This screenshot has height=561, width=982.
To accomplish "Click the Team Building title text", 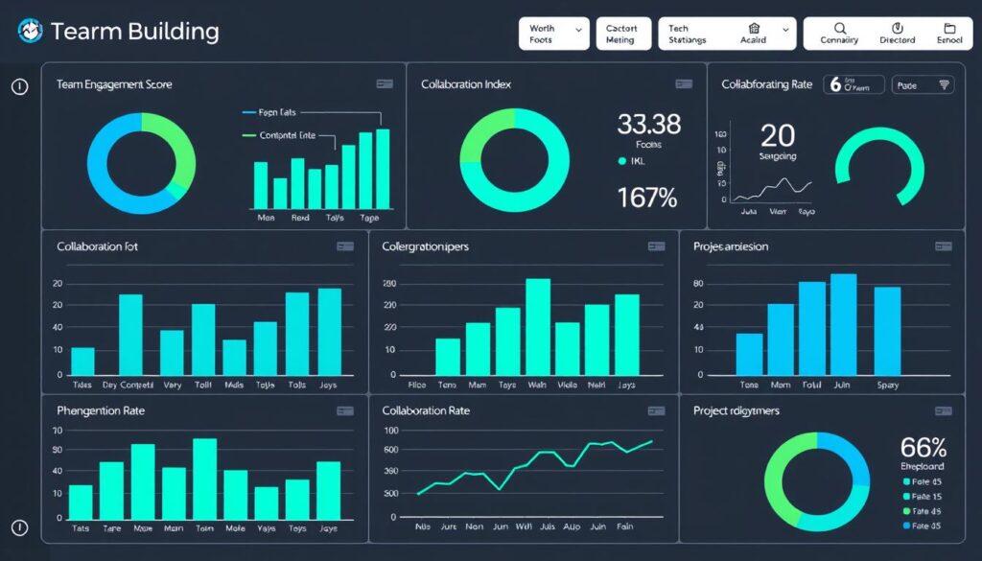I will (134, 32).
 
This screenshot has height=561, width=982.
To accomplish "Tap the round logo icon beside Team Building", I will (30, 32).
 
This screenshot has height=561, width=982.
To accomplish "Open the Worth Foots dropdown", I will (553, 35).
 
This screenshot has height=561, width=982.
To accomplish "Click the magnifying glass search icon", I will (840, 29).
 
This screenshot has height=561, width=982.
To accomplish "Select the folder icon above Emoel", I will (949, 29).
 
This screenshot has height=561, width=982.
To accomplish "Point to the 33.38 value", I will (648, 124).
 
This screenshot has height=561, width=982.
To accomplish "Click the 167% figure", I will (647, 198).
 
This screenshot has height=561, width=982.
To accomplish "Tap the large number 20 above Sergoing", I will (778, 134).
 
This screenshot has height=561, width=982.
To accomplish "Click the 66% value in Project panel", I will (924, 447).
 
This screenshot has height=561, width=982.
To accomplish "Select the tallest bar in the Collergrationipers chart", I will (538, 326).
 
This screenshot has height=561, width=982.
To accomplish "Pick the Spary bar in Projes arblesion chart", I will (887, 330).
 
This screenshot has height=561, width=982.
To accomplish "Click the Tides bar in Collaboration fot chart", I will (83, 361).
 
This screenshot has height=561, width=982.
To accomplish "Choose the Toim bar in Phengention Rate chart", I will (204, 478).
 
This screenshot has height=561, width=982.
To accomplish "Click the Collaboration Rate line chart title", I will (426, 410).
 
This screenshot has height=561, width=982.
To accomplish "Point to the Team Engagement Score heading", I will (114, 85).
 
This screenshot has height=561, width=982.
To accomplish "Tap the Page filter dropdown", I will (923, 85).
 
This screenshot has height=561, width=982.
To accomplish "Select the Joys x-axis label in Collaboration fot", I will (328, 386).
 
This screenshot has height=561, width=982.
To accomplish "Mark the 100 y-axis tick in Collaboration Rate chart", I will (390, 431).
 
